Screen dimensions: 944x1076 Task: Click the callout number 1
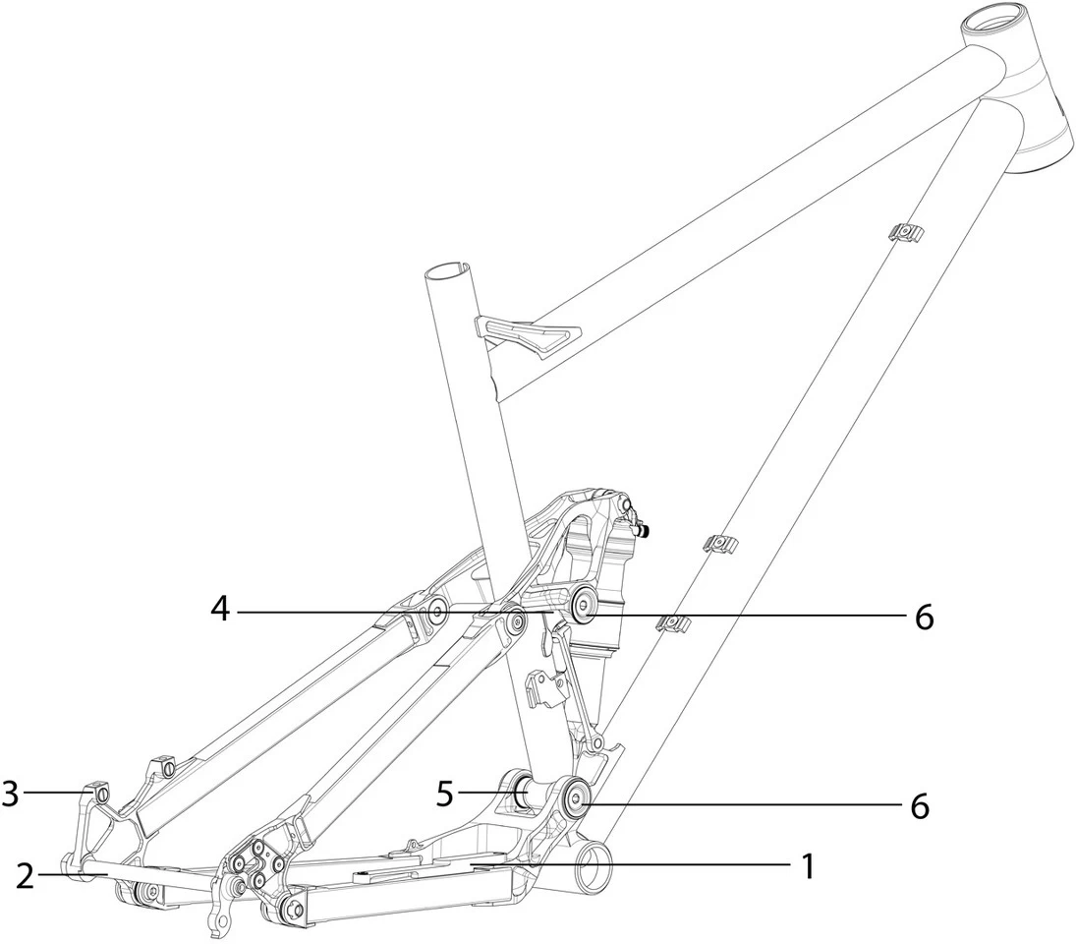coord(808,866)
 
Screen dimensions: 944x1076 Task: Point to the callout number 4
coord(221,610)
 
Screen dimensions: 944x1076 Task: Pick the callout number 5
coord(445,794)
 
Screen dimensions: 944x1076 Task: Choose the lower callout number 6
coord(919,805)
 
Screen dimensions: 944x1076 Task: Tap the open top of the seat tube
coord(450,268)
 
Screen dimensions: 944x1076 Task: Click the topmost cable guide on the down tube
coord(906,232)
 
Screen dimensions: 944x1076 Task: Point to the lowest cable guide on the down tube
coord(674,622)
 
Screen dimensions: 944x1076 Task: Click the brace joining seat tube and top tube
coord(527,334)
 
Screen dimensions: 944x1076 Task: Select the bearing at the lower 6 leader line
coord(574,797)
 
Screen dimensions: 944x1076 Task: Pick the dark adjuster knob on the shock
coord(647,531)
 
